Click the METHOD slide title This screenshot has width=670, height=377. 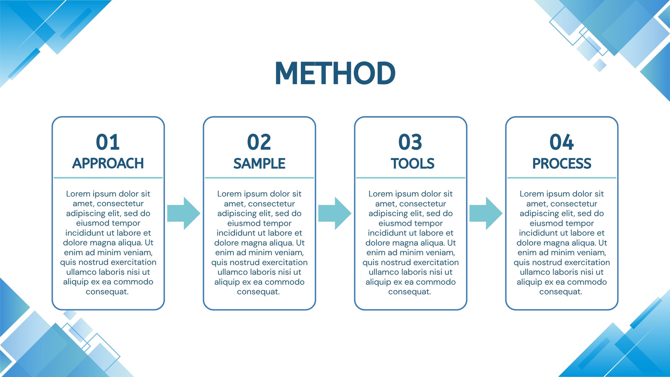point(335,73)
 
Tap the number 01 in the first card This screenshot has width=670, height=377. point(108,142)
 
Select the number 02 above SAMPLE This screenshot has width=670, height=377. point(259,142)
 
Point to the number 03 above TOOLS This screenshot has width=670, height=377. point(410,142)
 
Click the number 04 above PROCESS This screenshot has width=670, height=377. point(562,142)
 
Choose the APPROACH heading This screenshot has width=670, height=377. point(108,163)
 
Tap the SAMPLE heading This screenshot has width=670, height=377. point(259,163)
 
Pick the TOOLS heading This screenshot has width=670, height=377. point(412,163)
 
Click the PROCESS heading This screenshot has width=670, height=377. point(562,163)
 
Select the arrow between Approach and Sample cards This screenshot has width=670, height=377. point(184,213)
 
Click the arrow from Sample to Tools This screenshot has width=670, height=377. point(335,213)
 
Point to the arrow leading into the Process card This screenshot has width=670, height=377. point(486,213)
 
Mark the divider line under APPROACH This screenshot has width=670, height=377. point(108,178)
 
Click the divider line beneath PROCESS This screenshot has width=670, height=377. point(562,178)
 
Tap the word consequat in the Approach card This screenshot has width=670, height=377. point(107,292)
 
